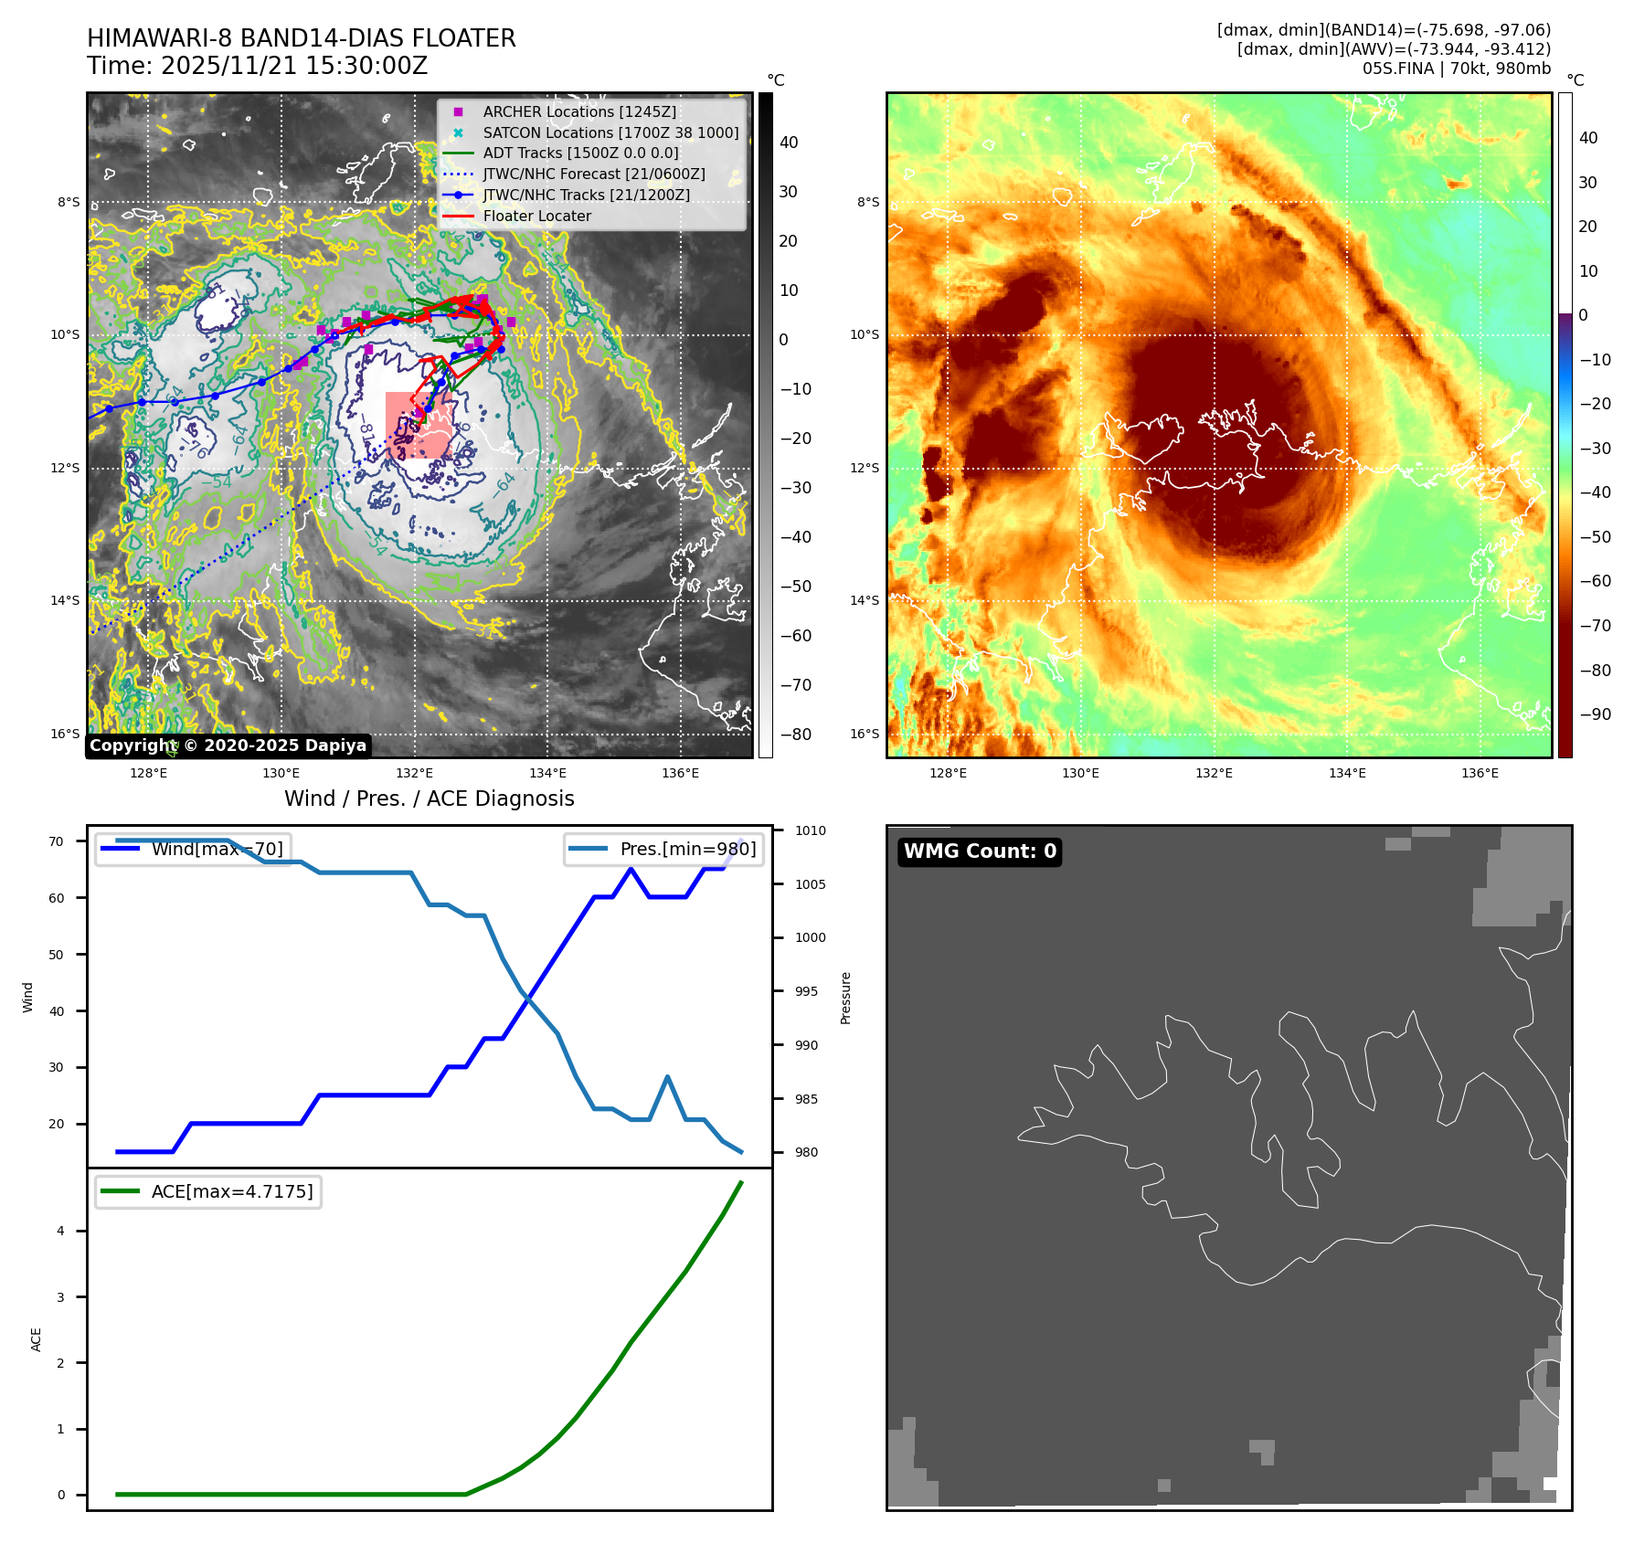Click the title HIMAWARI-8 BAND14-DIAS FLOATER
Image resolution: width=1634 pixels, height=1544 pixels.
301,38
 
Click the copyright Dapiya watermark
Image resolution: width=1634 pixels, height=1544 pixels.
228,746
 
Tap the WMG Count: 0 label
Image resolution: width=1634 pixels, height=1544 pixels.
980,851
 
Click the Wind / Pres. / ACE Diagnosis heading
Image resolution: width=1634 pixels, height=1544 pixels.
429,798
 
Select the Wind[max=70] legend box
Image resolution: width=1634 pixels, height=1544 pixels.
193,849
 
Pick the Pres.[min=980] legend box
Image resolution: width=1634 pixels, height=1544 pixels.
663,849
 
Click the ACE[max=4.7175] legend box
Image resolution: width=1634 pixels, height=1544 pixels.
208,1191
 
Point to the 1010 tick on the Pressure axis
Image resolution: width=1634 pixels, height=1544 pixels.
810,830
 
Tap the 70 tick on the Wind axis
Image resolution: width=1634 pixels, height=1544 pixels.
57,841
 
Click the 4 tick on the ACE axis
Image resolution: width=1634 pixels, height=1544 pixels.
61,1231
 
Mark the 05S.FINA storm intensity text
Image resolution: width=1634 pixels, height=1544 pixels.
1456,69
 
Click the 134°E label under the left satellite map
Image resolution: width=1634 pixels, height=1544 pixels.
547,773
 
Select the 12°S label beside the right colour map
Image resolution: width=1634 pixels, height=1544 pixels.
865,468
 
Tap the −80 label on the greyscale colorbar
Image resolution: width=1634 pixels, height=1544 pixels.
795,735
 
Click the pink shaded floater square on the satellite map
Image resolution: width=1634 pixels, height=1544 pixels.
419,425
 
